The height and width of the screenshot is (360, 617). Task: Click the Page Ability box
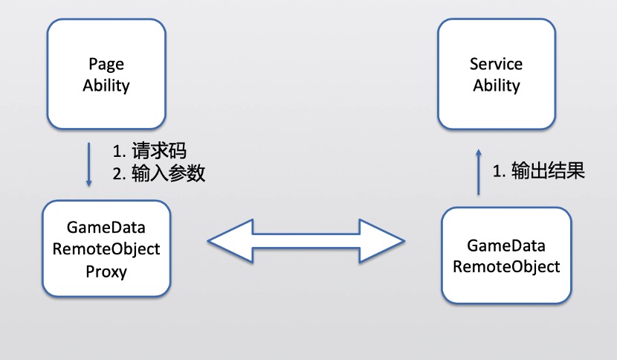pos(106,74)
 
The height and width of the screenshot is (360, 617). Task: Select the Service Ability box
pos(496,74)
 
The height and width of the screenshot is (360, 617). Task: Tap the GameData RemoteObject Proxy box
pos(106,249)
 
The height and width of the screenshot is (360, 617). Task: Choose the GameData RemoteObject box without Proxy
pos(506,255)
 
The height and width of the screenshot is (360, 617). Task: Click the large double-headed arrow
pos(307,241)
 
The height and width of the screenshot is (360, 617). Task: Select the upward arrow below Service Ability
pos(478,172)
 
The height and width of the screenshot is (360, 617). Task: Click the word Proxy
pos(106,271)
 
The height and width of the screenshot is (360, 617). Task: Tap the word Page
pos(106,64)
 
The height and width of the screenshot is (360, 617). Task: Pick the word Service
pos(496,64)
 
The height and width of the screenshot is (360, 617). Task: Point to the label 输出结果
pos(549,171)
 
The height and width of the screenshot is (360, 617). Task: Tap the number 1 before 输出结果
pos(498,171)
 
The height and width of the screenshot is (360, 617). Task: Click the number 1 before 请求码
pos(117,152)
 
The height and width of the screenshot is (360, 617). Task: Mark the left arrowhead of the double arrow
pos(227,241)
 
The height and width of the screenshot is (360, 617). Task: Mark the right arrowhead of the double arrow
pos(387,241)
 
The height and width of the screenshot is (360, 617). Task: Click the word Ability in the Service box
pos(496,86)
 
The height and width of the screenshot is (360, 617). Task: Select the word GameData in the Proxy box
pos(106,227)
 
